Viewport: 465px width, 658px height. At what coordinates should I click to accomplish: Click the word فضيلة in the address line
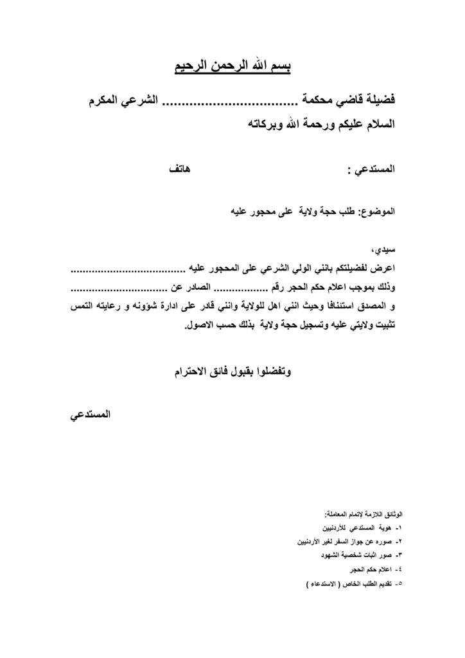point(378,101)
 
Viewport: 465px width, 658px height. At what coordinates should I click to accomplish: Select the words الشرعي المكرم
point(123,101)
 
